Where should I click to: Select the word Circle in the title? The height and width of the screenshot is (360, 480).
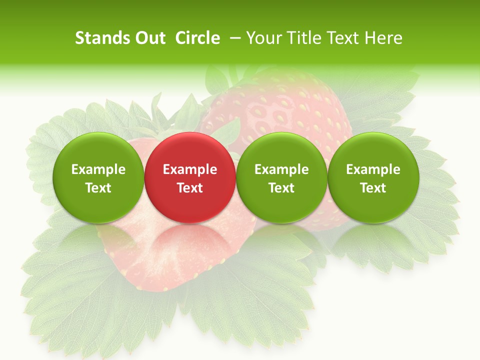point(197,38)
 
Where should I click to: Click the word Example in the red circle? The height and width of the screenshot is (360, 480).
point(190,169)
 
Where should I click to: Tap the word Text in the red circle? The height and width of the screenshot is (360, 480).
point(190,188)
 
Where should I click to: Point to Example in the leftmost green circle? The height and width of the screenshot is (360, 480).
point(98,169)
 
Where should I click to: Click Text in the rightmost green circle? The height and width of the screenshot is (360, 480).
point(373,188)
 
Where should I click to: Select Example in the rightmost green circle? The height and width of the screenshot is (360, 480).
point(373,169)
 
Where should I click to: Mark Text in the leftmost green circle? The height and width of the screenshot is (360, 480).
point(98,188)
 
